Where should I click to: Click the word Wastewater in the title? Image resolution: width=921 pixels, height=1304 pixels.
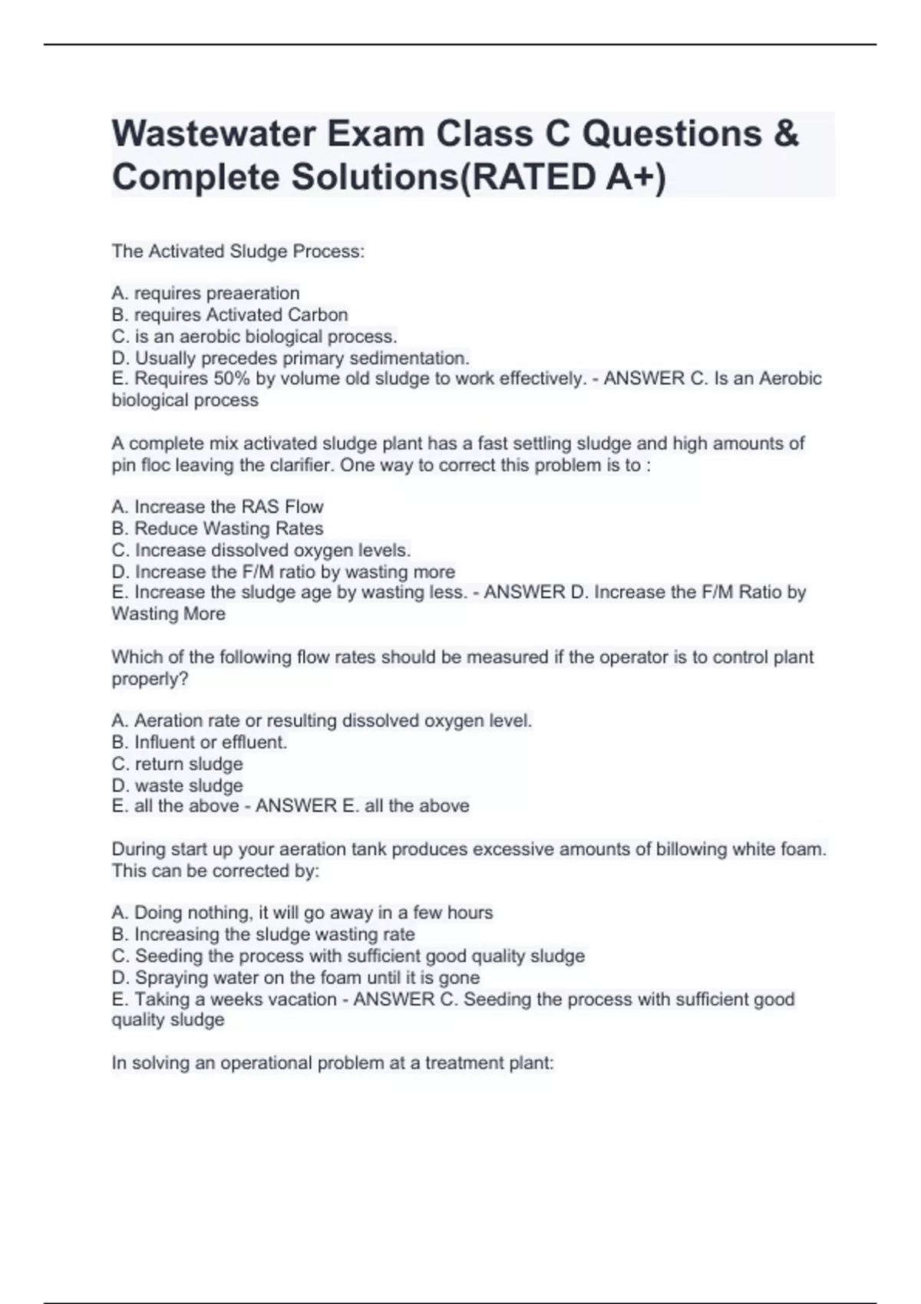(x=214, y=134)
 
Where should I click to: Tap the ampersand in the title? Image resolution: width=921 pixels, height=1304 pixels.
(x=786, y=134)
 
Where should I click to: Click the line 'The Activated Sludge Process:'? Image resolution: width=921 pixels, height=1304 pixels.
(x=238, y=252)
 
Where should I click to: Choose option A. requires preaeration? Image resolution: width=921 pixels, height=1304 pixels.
(x=206, y=293)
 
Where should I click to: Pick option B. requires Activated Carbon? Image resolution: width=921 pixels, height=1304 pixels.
(x=229, y=314)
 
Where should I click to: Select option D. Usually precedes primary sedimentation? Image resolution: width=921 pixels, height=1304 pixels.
(x=290, y=358)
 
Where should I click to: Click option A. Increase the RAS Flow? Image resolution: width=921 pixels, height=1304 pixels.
(x=217, y=507)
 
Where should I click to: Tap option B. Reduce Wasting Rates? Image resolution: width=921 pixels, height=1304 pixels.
(x=217, y=529)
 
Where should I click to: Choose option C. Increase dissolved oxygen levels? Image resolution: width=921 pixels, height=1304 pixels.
(x=261, y=550)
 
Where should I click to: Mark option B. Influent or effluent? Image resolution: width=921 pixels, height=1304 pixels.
(x=200, y=743)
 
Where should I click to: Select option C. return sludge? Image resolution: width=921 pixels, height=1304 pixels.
(x=177, y=764)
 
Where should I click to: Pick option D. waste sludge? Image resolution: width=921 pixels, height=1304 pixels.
(x=177, y=785)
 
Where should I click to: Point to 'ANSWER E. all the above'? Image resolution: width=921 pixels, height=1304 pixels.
(x=362, y=806)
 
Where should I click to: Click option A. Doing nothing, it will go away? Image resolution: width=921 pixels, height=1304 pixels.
(x=302, y=913)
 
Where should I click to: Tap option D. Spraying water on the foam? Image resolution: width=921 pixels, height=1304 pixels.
(x=295, y=978)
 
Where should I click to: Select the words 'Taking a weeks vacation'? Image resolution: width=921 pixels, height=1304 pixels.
(x=236, y=999)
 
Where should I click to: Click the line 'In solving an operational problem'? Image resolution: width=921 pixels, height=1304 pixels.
(x=332, y=1063)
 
